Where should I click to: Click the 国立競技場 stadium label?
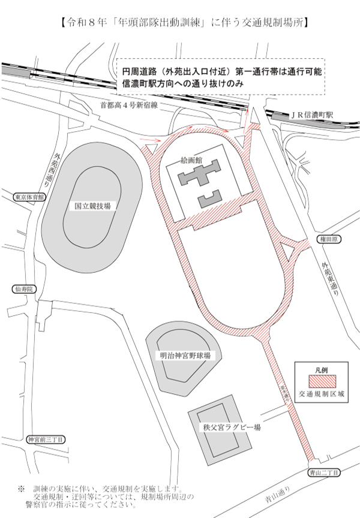(92, 205)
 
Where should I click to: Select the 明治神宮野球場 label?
(185, 356)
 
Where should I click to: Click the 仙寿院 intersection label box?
(25, 289)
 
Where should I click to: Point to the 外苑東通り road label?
(329, 278)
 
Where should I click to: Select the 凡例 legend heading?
(322, 369)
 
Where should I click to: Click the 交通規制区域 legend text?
(322, 394)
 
